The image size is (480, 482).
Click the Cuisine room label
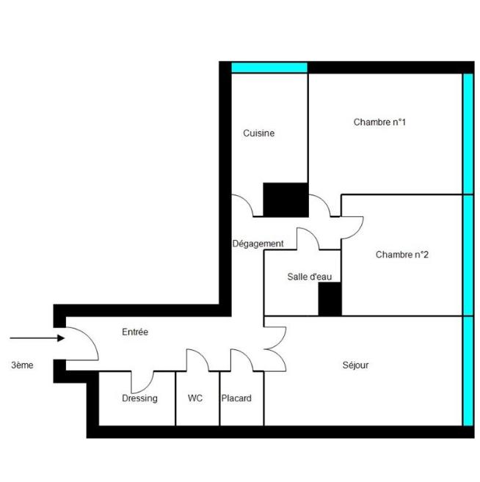(x=259, y=134)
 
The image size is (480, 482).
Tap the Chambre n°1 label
(x=379, y=123)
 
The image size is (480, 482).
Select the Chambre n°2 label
(x=401, y=255)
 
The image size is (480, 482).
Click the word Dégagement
(x=258, y=244)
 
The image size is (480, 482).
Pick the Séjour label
(x=355, y=365)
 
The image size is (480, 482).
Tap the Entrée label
(x=135, y=332)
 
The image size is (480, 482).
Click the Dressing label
(x=139, y=398)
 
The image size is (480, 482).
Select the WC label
(x=195, y=398)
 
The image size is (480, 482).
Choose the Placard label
(x=236, y=398)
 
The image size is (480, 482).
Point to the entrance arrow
(x=37, y=338)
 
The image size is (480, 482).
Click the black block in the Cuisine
(x=286, y=200)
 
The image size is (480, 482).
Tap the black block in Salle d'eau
(x=330, y=299)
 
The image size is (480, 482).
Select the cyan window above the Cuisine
(x=269, y=67)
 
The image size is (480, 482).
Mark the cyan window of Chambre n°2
(x=468, y=255)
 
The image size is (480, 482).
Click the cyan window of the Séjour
(x=468, y=370)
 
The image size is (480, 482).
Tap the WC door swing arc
(x=197, y=359)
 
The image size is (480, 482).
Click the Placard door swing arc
(x=242, y=359)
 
